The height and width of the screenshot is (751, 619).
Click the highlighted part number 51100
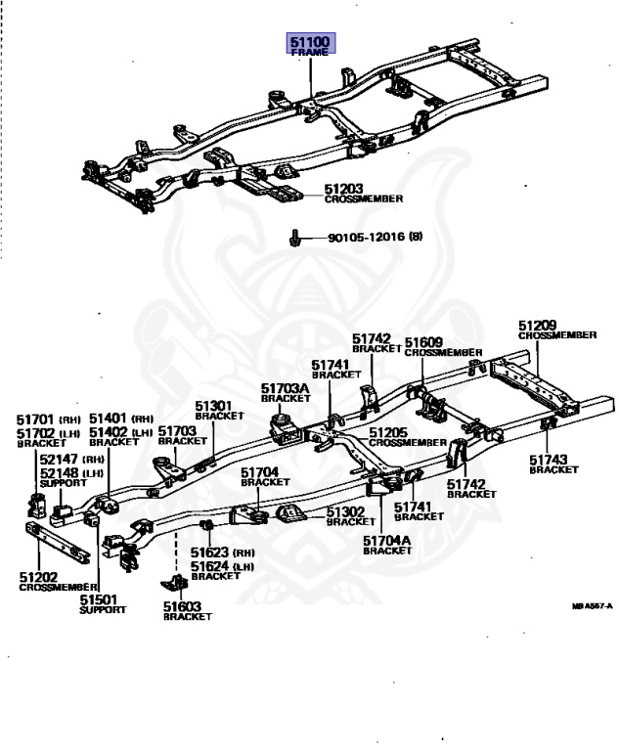(310, 42)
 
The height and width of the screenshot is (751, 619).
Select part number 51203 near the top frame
(344, 188)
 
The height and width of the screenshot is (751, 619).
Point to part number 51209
(538, 325)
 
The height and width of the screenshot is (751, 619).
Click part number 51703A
(286, 388)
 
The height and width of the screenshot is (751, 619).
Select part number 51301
(212, 406)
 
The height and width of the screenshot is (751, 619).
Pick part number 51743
(550, 460)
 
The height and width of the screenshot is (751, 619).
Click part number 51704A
(384, 540)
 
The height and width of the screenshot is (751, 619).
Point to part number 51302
(345, 511)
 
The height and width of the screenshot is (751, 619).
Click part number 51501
(99, 598)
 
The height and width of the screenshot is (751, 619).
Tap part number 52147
(58, 459)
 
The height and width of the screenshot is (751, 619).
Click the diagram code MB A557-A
(593, 606)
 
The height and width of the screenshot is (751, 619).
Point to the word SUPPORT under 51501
(103, 609)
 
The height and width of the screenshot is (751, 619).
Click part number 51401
(108, 418)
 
